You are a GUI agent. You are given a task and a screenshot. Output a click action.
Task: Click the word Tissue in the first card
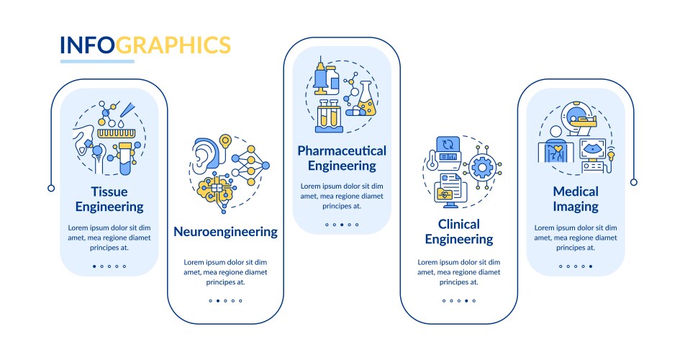coord(109,192)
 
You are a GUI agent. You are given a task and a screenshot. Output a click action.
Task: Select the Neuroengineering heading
coord(225,232)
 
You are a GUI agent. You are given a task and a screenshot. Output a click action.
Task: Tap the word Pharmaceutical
coord(342,150)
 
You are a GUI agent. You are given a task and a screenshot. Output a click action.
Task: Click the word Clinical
coord(458,225)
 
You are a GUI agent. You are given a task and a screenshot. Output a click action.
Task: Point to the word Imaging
coord(576,207)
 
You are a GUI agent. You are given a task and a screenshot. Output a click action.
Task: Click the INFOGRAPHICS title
coord(145,45)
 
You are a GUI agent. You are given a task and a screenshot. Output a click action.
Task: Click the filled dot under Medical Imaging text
coord(591,266)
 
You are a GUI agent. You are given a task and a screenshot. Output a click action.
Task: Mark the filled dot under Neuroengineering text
coord(218,301)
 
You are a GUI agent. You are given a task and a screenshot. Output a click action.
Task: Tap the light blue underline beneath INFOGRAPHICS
coord(97,61)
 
